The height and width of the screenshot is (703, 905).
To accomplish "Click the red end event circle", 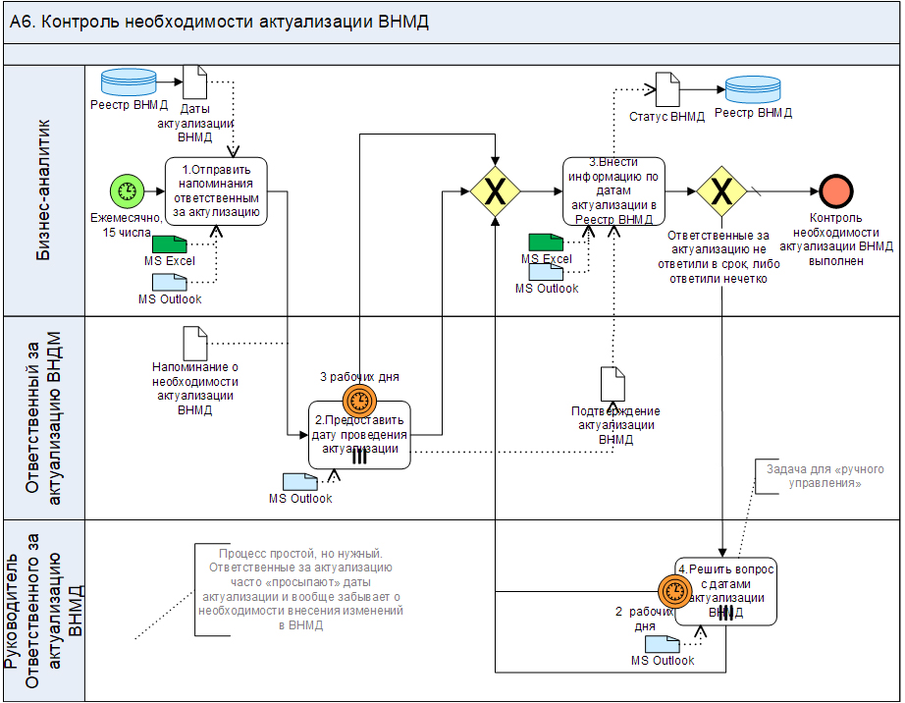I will [836, 191].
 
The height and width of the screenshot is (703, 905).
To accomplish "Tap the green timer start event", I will [126, 191].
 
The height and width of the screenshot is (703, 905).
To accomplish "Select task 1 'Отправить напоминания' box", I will [215, 191].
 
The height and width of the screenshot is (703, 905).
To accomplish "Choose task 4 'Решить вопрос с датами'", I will [727, 590].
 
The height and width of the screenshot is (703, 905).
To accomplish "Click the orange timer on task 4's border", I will [675, 590].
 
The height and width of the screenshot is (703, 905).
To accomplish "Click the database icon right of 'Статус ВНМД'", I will [753, 90].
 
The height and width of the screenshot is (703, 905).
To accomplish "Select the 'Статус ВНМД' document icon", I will [667, 90].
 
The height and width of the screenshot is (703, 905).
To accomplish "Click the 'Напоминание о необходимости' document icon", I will [195, 344].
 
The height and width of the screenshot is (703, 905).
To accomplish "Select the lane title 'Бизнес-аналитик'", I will [44, 189].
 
